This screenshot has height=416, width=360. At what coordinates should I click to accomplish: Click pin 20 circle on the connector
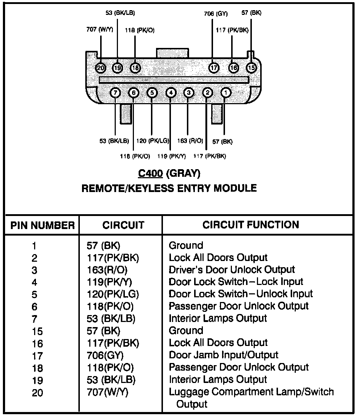click(x=100, y=68)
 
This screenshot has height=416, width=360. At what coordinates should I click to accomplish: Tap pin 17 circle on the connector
click(x=214, y=68)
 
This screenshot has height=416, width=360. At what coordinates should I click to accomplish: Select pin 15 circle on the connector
click(x=251, y=68)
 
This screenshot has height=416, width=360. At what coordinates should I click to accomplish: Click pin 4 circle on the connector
click(x=171, y=93)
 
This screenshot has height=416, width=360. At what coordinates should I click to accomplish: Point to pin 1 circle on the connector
click(x=226, y=93)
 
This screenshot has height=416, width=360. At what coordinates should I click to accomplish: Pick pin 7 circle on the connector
click(x=115, y=93)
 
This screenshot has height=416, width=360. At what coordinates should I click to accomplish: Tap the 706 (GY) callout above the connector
click(x=216, y=14)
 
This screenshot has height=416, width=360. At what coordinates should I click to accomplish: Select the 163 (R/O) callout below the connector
click(x=191, y=140)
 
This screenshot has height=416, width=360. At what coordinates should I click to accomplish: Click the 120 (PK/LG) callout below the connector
click(x=153, y=140)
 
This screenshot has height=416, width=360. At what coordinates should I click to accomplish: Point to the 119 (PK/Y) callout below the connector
click(x=172, y=156)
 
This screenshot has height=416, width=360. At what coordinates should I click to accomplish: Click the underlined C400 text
click(x=150, y=174)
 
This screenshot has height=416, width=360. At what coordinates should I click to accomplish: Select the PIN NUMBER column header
click(x=42, y=225)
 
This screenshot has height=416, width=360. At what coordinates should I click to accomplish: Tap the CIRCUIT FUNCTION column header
click(x=251, y=225)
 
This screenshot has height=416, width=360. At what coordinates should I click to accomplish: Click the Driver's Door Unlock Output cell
click(x=232, y=270)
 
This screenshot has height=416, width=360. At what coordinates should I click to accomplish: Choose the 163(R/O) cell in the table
click(x=105, y=270)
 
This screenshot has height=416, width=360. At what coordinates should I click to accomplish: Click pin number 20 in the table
click(x=37, y=393)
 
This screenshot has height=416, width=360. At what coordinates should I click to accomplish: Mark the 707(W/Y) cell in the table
click(x=105, y=392)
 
